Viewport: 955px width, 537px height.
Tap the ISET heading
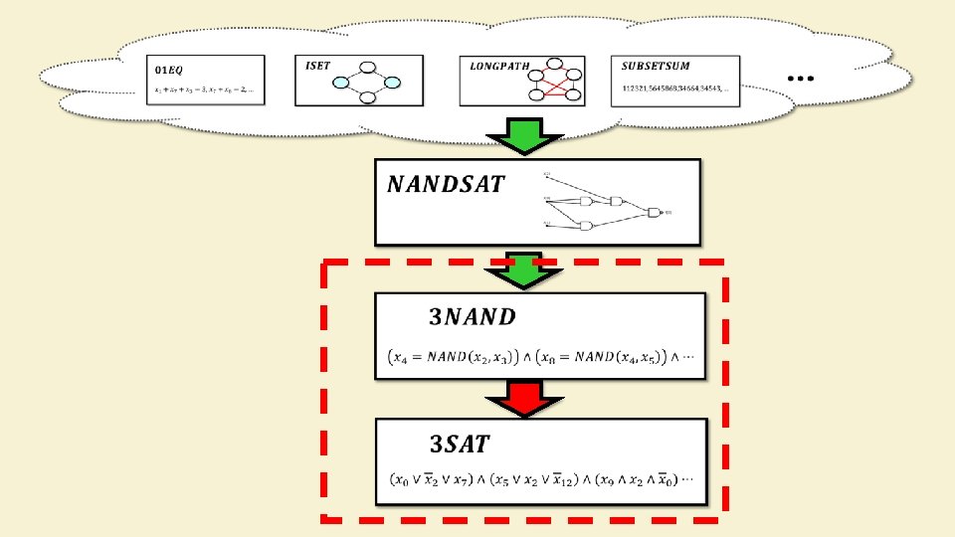tap(318, 66)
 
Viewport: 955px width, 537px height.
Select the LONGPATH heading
tap(503, 67)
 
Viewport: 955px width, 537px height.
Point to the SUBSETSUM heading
tap(656, 67)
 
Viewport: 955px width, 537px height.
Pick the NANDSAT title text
tap(446, 184)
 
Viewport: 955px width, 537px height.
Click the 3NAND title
tap(473, 317)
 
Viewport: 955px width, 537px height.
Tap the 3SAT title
tap(459, 444)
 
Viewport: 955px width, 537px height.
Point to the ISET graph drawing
tap(367, 83)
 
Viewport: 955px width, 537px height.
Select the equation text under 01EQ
tap(204, 91)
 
